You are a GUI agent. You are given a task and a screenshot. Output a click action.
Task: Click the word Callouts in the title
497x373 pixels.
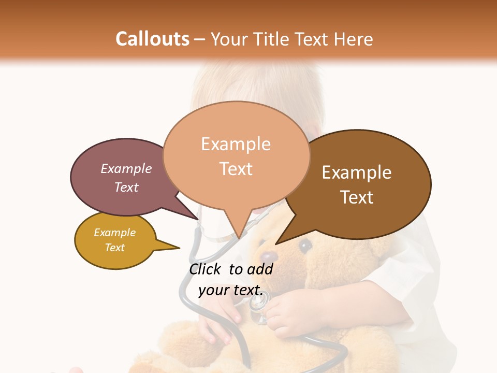152,39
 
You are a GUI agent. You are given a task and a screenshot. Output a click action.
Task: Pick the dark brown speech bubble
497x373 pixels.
362,184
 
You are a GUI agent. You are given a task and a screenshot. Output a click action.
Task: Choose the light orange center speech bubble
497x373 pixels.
236,155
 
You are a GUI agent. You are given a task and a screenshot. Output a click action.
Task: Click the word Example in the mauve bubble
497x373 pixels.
126,168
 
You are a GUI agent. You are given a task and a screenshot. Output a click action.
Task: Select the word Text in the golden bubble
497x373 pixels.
115,248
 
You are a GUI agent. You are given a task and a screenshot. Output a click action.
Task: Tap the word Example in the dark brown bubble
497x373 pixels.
357,173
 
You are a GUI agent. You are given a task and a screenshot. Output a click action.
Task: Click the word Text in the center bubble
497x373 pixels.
236,169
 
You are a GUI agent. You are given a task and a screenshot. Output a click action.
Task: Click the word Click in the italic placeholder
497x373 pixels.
206,269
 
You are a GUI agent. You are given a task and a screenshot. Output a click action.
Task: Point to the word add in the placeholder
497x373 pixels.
259,269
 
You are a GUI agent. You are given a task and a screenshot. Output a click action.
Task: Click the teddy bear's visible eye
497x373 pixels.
305,244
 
